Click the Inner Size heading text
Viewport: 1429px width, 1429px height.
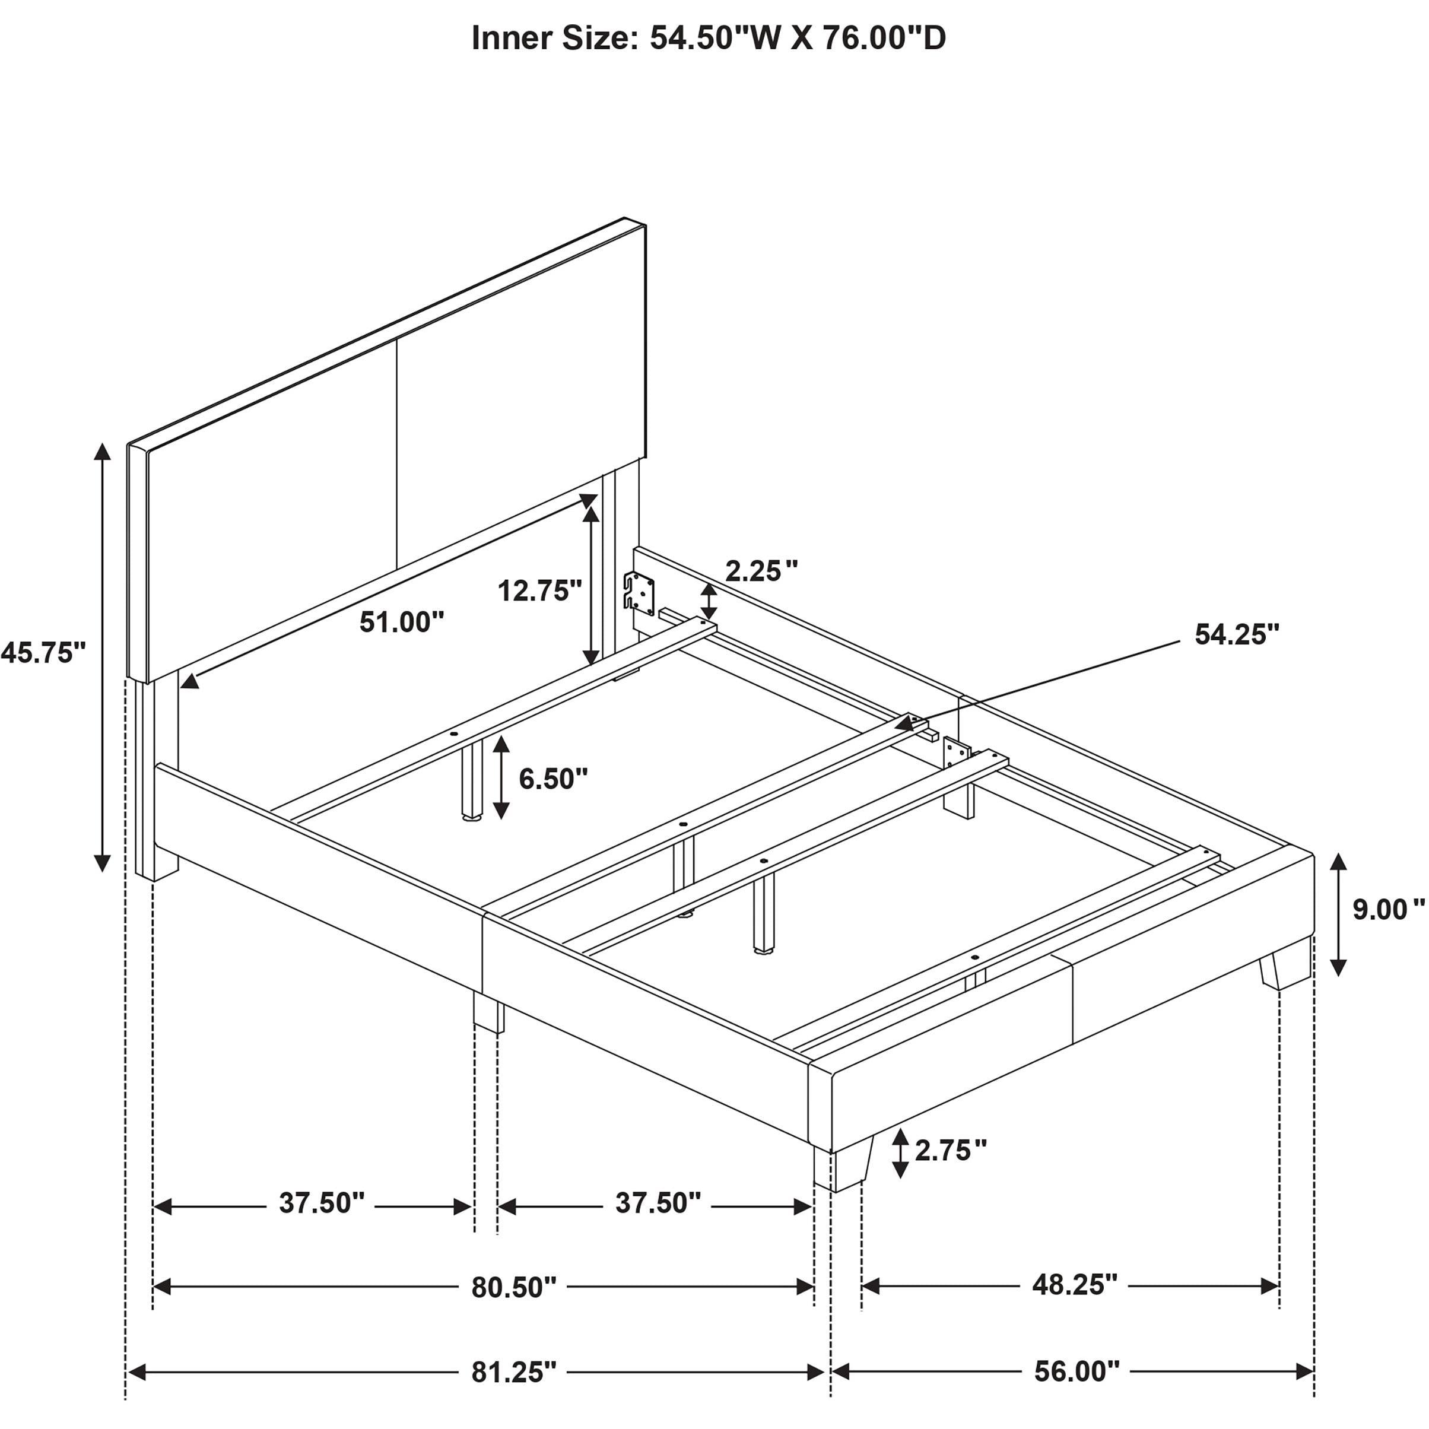[709, 39]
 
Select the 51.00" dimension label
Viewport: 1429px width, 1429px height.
[402, 622]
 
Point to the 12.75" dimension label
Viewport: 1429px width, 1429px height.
[540, 590]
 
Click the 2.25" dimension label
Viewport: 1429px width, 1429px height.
[761, 570]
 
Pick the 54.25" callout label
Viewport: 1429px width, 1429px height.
[1237, 634]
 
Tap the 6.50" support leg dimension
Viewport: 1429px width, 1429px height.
[553, 778]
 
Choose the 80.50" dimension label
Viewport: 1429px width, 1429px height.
[514, 1288]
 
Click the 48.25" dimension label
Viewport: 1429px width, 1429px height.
[1075, 1285]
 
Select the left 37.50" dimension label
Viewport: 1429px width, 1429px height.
[322, 1203]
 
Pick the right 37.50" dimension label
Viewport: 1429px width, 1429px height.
[658, 1203]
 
